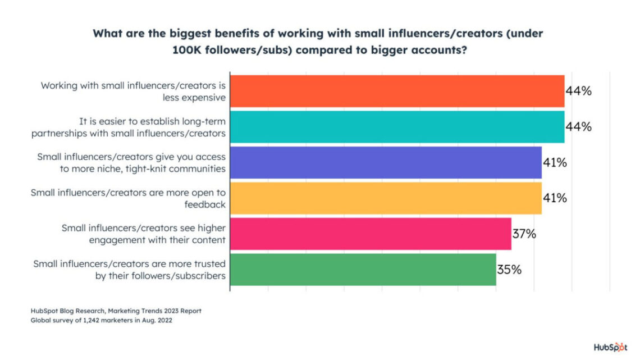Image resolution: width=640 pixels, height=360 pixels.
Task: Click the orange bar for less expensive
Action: [x=397, y=91]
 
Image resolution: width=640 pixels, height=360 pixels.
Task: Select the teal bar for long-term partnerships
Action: [x=397, y=127]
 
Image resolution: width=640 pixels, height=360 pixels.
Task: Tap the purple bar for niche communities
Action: [x=386, y=162]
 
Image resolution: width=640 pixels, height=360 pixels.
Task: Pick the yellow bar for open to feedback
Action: [x=386, y=198]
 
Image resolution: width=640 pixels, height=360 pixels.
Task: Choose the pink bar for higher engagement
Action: [x=371, y=234]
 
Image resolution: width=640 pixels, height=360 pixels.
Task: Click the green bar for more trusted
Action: [x=363, y=270]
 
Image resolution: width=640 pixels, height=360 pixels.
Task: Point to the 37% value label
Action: [x=524, y=234]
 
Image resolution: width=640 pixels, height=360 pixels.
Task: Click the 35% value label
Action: [x=509, y=270]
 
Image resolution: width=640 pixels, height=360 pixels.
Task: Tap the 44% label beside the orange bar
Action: [x=578, y=91]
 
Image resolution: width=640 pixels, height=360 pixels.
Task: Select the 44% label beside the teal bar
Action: [x=578, y=127]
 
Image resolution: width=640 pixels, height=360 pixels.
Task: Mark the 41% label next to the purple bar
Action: [x=555, y=162]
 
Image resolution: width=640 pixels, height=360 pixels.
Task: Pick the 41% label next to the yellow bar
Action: [x=555, y=198]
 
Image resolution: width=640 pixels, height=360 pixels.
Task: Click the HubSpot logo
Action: [x=611, y=346]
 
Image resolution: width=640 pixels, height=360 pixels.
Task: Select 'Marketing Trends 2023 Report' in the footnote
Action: [x=153, y=311]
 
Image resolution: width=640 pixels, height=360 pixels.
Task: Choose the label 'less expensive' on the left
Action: [x=195, y=97]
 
